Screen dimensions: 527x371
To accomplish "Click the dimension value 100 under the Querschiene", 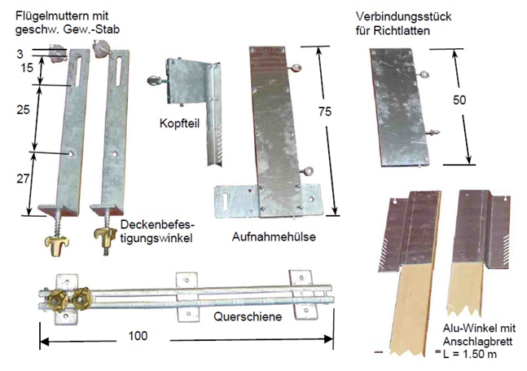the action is point(138,336).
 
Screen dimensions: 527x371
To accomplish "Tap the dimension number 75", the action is point(325,112).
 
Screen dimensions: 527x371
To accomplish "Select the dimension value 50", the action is point(459,100).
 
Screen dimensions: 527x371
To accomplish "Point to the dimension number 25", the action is point(23,109).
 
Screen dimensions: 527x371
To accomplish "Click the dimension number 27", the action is point(23,179).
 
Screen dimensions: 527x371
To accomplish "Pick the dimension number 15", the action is point(27,68).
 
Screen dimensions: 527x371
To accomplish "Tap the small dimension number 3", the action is point(20,54).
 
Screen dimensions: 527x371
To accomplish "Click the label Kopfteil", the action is point(179,123).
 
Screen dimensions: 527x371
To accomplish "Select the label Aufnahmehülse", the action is point(274,236).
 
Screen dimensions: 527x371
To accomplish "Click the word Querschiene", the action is point(248,316).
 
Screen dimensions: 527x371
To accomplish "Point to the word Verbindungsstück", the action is point(404,16).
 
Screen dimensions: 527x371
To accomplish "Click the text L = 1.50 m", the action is point(469,354).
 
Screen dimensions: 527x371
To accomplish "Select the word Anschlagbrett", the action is point(477,342).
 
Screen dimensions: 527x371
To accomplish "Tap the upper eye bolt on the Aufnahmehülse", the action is point(295,68).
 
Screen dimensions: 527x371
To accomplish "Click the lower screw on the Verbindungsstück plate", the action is point(433,133).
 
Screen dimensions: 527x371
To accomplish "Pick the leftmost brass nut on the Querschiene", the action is point(58,300).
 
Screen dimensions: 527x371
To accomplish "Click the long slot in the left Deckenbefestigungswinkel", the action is point(77,72).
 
